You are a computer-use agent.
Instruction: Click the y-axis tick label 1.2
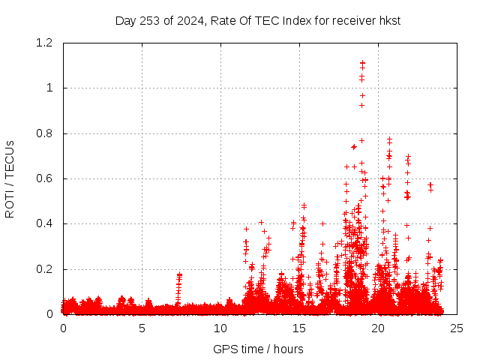pyautogui.click(x=46, y=43)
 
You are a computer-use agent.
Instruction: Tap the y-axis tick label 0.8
pyautogui.click(x=46, y=133)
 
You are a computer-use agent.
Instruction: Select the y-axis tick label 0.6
pyautogui.click(x=46, y=178)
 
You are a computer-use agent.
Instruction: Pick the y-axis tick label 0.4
pyautogui.click(x=46, y=223)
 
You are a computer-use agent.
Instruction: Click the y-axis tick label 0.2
pyautogui.click(x=46, y=269)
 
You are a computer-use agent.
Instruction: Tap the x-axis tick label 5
pyautogui.click(x=142, y=328)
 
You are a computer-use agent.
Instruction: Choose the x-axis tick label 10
pyautogui.click(x=220, y=328)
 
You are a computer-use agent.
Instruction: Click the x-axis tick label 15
pyautogui.click(x=299, y=328)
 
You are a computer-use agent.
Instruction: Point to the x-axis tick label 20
pyautogui.click(x=378, y=328)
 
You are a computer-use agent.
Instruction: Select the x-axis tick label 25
pyautogui.click(x=457, y=328)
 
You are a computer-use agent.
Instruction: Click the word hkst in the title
pyautogui.click(x=388, y=20)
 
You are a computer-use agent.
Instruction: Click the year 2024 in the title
pyautogui.click(x=188, y=20)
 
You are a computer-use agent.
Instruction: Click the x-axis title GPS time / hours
pyautogui.click(x=258, y=349)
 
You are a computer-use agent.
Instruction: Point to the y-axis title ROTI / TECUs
pyautogui.click(x=10, y=178)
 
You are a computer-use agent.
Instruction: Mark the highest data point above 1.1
pyautogui.click(x=362, y=63)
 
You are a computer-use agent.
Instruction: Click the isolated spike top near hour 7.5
pyautogui.click(x=179, y=274)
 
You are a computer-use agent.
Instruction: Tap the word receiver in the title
pyautogui.click(x=352, y=20)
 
